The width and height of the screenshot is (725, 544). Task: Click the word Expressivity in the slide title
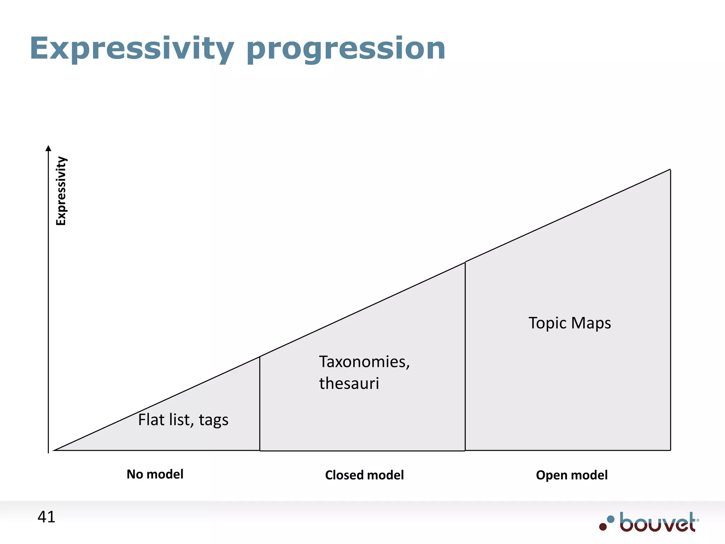coord(132,49)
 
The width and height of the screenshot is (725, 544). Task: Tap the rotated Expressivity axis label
coord(61,191)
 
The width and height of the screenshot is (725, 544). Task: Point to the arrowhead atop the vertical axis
coord(48,148)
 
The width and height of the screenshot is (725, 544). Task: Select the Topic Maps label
coord(570,323)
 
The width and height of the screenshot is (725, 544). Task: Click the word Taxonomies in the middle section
coord(364,362)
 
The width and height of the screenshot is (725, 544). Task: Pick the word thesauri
coord(349,384)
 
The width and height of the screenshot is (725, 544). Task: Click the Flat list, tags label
coord(183,420)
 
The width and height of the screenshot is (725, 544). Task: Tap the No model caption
coord(155,474)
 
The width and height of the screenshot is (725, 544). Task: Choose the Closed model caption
coord(364,475)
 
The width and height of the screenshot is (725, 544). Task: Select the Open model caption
coord(572,475)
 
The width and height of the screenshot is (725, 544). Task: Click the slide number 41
coord(46,517)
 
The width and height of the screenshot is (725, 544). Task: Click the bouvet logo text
coord(657,523)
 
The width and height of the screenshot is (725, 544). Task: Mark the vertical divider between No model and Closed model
coord(260,404)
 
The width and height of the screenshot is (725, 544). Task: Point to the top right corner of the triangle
coord(670,170)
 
